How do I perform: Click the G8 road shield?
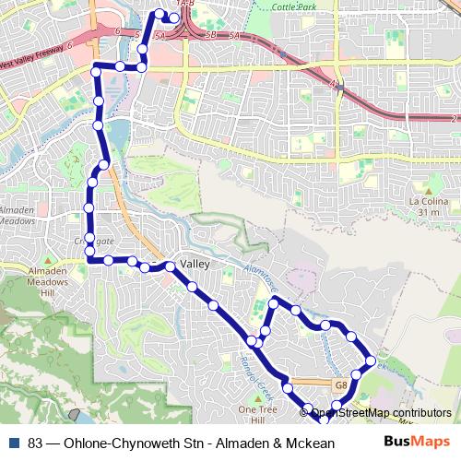[339, 384]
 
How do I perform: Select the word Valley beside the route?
[195, 265]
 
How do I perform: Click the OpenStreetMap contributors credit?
[381, 413]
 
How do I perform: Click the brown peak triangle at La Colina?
[427, 189]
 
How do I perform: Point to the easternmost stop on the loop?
[371, 360]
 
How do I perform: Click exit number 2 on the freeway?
[454, 120]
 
